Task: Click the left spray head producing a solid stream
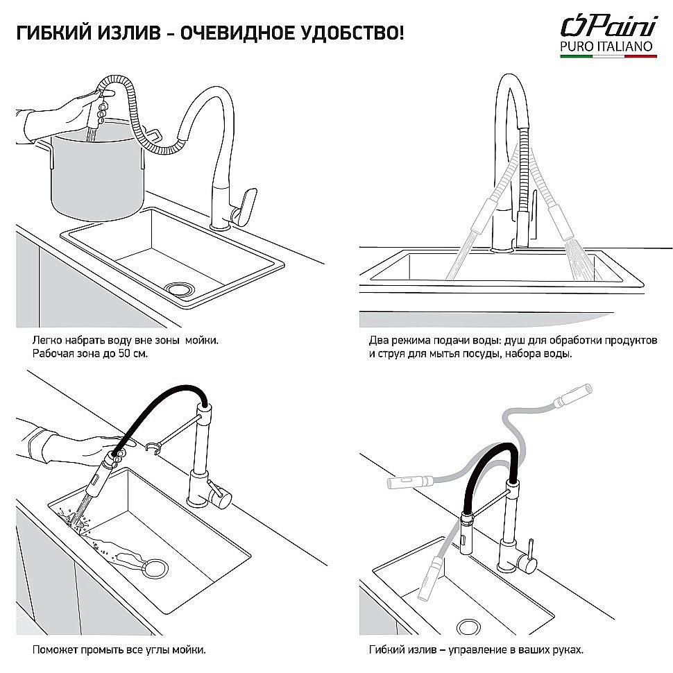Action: coord(479,222)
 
